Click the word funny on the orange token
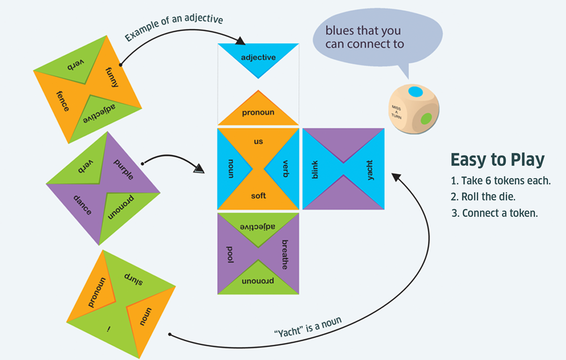(112, 77)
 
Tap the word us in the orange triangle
(258, 142)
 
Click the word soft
(258, 196)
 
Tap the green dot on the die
(427, 118)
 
